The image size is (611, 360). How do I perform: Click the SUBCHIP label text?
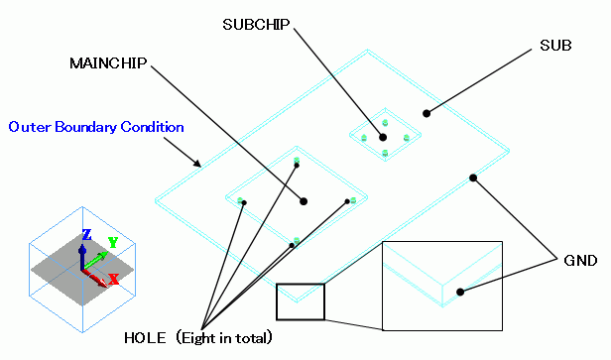click(256, 25)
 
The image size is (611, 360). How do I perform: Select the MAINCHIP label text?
click(108, 63)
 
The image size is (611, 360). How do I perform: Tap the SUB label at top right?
click(555, 46)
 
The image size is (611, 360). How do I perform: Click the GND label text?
click(580, 260)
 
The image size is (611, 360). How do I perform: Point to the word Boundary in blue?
click(86, 127)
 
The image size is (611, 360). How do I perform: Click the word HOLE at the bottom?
click(145, 338)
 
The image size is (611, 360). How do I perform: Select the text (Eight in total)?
click(224, 338)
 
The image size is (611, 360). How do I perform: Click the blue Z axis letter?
click(86, 234)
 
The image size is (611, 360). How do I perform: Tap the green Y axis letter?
click(113, 242)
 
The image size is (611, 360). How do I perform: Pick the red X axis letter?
click(113, 279)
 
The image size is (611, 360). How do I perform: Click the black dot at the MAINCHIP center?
click(304, 201)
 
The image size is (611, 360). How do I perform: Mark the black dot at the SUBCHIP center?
click(383, 137)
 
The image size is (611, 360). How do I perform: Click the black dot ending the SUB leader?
click(427, 113)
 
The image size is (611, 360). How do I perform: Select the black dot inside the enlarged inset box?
click(460, 292)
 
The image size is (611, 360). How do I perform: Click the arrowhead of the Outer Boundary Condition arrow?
click(197, 164)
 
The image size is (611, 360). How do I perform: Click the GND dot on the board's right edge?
click(473, 179)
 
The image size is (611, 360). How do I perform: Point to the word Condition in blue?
click(152, 127)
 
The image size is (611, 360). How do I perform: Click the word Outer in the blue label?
click(31, 127)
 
